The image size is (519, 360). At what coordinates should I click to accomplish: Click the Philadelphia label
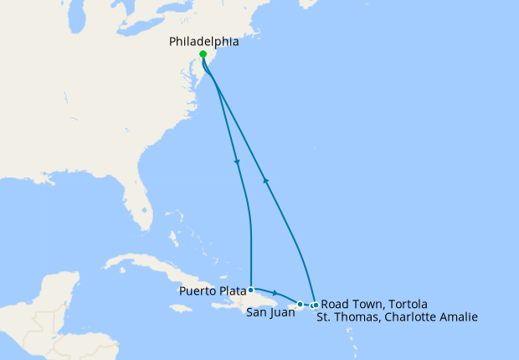coord(204,41)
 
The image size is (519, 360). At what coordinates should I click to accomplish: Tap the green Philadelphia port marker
coord(203,54)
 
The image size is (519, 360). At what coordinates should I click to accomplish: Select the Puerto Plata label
coord(211,291)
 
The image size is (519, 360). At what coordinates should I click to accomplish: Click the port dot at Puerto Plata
coord(251,290)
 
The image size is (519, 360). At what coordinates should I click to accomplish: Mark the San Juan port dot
coord(300,304)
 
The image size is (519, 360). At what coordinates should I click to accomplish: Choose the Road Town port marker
coord(315,305)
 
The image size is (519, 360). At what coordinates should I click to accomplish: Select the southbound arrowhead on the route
coord(238,162)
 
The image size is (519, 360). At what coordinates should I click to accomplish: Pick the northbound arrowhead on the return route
coord(265,179)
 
